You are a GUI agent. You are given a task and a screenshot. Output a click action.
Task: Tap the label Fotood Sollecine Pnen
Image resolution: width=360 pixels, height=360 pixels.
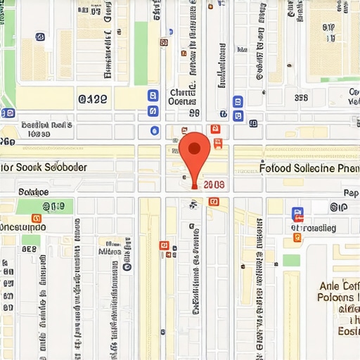click(308, 168)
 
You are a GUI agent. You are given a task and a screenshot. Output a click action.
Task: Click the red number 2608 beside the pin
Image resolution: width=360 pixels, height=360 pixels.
click(213, 185)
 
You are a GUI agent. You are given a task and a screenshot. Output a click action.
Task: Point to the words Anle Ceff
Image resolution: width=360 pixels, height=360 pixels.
click(339, 286)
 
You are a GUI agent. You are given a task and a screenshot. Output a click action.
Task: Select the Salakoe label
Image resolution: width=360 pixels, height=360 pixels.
click(33, 191)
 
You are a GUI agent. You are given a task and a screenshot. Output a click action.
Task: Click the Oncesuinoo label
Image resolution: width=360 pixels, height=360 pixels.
click(23, 228)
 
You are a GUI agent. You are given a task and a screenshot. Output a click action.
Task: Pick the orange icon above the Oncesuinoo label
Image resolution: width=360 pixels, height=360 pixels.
click(37, 218)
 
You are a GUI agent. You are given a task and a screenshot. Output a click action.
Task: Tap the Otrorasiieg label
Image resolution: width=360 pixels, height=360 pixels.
click(314, 228)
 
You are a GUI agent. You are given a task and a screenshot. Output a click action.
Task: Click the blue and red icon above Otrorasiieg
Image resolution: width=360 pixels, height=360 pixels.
click(297, 212)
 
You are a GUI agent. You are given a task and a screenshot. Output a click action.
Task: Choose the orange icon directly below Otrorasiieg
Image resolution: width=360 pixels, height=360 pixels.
click(297, 238)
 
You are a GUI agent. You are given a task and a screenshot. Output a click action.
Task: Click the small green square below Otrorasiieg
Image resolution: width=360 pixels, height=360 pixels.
click(292, 260)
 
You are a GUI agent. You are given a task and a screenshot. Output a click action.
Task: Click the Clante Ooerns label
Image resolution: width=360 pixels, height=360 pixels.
click(182, 96)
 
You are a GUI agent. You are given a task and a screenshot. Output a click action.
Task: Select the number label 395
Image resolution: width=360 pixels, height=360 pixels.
click(301, 98)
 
